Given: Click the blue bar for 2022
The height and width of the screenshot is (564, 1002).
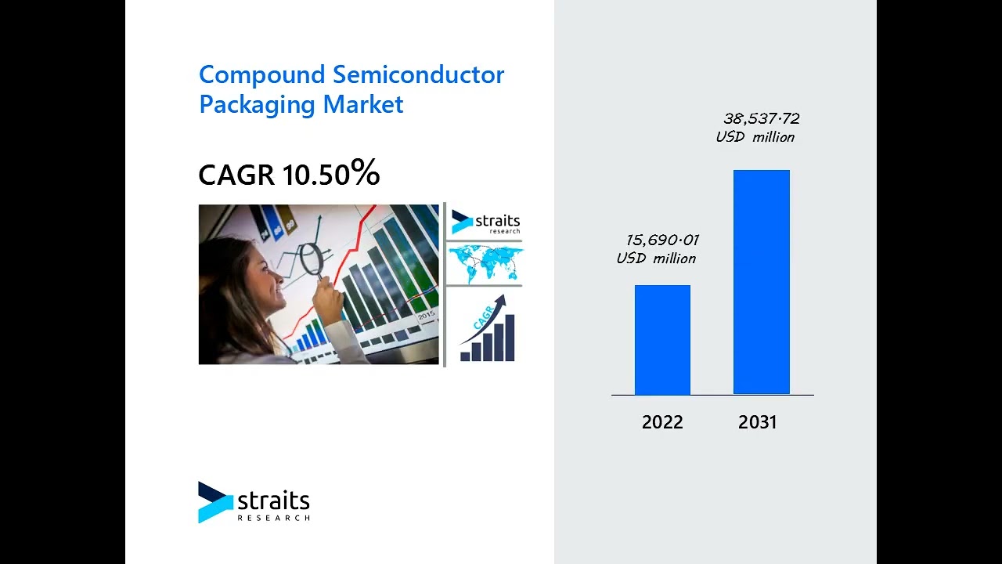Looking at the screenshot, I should [x=662, y=340].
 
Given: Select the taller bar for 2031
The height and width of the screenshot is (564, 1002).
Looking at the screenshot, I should [x=761, y=282].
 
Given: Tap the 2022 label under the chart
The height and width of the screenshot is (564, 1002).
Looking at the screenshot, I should [x=662, y=422].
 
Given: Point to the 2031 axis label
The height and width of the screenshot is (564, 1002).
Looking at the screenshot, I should [x=757, y=422].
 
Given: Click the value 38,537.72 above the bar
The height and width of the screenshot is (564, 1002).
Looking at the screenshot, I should [x=761, y=119].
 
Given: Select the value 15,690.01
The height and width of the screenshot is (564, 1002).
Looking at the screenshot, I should [x=662, y=240].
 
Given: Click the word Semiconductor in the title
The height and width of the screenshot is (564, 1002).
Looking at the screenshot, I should [x=418, y=75].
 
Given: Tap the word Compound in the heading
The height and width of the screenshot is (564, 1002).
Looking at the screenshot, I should [x=261, y=75].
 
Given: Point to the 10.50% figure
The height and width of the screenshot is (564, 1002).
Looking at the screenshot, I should [x=331, y=174].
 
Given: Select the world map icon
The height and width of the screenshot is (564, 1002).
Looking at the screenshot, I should [x=485, y=263].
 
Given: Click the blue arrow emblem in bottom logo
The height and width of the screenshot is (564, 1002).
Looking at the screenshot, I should [x=214, y=502].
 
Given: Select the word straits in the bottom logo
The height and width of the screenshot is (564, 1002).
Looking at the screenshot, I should [x=273, y=501].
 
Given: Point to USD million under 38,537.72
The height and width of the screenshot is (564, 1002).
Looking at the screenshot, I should [x=755, y=138].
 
